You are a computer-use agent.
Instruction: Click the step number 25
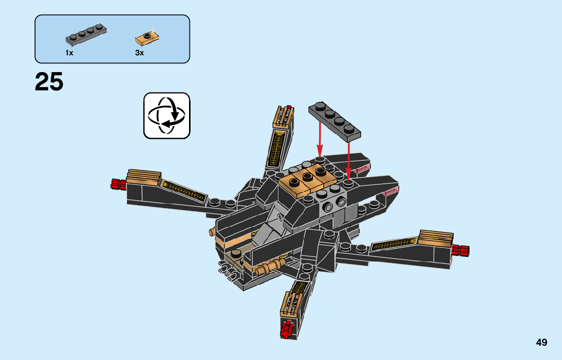pos(49,82)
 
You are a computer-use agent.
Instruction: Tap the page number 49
pos(541,342)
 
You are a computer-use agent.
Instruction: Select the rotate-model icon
pos(167,115)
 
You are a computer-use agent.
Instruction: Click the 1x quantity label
pos(69,53)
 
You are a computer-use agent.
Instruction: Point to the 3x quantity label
pos(139,53)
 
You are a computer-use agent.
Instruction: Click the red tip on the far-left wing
pos(118,184)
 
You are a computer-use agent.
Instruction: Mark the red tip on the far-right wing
pos(460,250)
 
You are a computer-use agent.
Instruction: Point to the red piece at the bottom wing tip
pos(288,330)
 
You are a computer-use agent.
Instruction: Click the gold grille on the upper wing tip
pos(283,117)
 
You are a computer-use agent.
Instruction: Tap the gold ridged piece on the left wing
pos(144,177)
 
